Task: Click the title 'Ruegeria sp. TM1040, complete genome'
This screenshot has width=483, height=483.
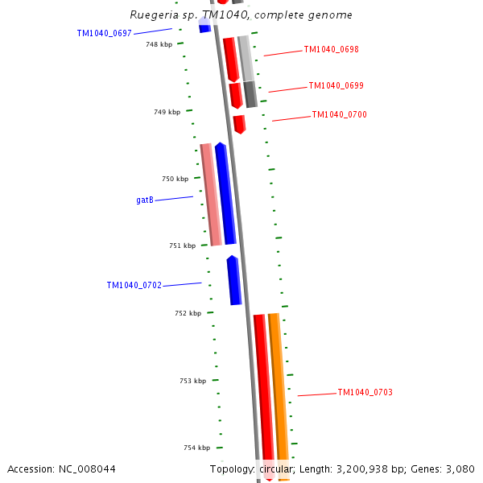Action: [241, 15]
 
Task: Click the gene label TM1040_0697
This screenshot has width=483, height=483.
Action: [104, 33]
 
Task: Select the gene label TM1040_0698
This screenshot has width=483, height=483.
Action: [331, 49]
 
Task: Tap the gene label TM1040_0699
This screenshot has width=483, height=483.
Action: [336, 85]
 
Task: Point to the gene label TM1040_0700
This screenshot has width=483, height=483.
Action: [339, 114]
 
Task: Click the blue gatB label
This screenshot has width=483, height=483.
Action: [145, 200]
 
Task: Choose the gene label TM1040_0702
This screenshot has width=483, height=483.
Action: [134, 285]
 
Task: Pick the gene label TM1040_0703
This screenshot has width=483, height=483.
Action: [365, 392]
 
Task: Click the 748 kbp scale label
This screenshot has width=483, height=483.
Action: [159, 45]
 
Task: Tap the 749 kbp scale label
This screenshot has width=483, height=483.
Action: [167, 112]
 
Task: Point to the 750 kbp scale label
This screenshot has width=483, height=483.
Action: [175, 179]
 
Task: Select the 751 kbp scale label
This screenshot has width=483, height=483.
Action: [182, 246]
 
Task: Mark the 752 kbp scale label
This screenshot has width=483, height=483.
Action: [188, 313]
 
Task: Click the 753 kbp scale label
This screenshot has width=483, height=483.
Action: [192, 381]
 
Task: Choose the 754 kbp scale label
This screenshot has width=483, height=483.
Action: [196, 448]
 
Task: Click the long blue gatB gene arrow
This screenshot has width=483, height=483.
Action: [225, 193]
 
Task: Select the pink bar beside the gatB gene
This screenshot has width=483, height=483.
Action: [211, 194]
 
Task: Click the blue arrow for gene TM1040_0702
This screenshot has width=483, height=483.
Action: [234, 280]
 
